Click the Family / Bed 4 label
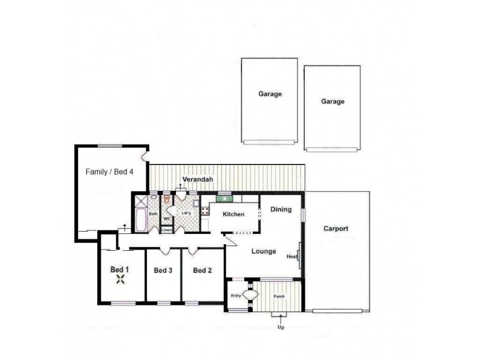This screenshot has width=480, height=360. [109, 171]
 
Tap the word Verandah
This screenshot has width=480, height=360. [199, 179]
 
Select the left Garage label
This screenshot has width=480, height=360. [270, 94]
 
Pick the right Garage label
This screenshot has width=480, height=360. [332, 102]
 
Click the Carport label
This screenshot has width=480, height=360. [336, 229]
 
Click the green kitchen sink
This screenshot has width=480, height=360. [224, 198]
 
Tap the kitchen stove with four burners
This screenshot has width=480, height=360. [205, 210]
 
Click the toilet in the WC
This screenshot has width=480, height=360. [166, 199]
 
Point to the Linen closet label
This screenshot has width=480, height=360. [167, 230]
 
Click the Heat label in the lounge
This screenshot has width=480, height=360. [292, 257]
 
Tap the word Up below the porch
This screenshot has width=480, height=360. [280, 327]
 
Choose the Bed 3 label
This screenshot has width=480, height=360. [163, 271]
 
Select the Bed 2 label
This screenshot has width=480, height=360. [202, 271]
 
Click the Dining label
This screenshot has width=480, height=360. [281, 209]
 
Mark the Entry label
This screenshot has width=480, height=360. [236, 296]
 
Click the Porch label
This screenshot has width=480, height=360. [279, 296]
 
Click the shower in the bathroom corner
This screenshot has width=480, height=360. [140, 200]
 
